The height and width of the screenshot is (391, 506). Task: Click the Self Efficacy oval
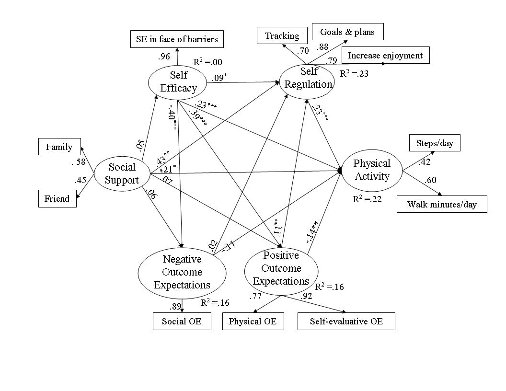click(x=178, y=82)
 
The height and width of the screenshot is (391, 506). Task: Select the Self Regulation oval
click(x=307, y=78)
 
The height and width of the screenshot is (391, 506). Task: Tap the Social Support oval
click(x=122, y=173)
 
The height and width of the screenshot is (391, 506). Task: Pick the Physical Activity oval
click(x=371, y=170)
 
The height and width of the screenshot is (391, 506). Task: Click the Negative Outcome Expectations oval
click(x=182, y=272)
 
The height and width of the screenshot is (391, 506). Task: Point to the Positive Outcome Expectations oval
click(x=281, y=268)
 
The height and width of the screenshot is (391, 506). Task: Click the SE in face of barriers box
click(x=177, y=39)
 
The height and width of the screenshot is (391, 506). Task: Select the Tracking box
click(x=282, y=36)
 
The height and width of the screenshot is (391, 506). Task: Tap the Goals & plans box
click(x=347, y=32)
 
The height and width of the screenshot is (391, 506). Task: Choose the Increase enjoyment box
click(x=385, y=55)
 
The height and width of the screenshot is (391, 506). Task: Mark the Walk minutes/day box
click(x=442, y=204)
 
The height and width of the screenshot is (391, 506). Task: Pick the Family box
click(x=59, y=147)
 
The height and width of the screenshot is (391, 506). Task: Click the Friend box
click(x=57, y=198)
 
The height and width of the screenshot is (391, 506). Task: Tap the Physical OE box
click(x=253, y=321)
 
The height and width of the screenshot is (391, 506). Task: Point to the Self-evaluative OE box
click(x=346, y=321)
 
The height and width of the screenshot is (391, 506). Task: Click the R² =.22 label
click(x=367, y=199)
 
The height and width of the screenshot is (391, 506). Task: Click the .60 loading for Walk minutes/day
click(x=431, y=180)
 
